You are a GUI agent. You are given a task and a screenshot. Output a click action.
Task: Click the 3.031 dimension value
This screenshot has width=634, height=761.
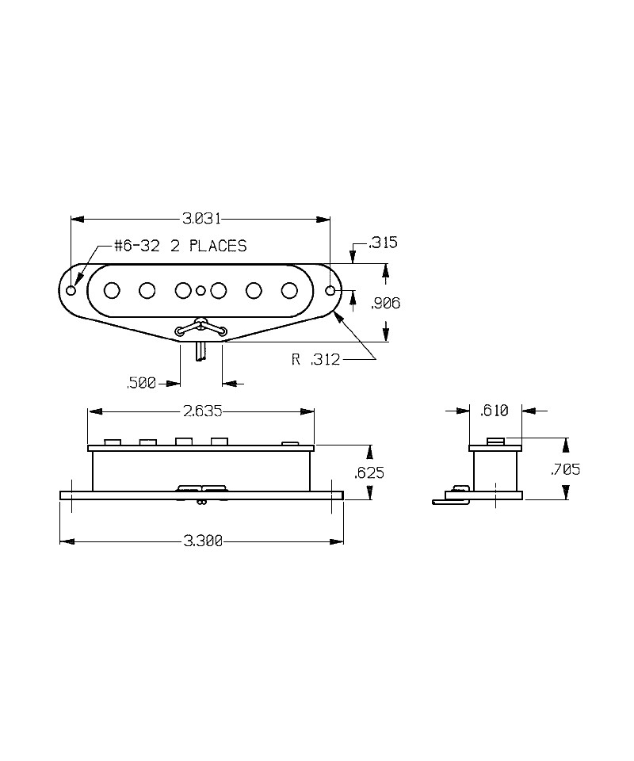201,219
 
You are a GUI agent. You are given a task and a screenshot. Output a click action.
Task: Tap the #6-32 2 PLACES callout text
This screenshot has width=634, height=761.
181,246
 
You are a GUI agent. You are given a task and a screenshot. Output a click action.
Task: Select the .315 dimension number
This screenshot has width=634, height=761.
384,243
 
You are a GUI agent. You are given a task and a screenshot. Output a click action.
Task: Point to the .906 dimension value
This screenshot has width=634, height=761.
386,304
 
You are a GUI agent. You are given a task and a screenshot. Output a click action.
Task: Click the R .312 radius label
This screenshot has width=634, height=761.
315,360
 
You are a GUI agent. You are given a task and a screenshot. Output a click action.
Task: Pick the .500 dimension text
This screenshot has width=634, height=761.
141,384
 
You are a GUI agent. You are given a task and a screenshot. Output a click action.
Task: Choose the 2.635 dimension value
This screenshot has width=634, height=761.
203,411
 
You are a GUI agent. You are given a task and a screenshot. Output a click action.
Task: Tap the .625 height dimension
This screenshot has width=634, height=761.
369,472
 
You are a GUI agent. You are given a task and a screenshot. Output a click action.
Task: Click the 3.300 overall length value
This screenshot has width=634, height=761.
203,541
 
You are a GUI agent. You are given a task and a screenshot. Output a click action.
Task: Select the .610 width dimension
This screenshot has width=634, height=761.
495,411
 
